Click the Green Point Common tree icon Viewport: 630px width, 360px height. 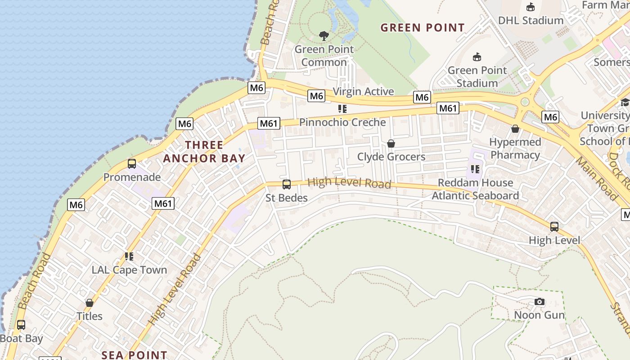(x=324, y=36)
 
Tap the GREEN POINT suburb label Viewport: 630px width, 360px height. (x=422, y=27)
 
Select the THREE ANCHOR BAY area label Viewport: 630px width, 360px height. (x=204, y=152)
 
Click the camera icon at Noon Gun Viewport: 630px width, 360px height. (x=539, y=301)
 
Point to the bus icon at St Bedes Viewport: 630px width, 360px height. (x=286, y=184)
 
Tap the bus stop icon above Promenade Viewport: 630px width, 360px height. (x=132, y=163)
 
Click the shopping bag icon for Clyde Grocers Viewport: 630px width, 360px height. (x=391, y=144)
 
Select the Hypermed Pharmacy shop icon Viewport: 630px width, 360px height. (x=515, y=129)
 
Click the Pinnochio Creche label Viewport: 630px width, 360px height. (x=342, y=122)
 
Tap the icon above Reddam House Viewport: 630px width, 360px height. (x=475, y=169)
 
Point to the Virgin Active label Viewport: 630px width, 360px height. (x=363, y=91)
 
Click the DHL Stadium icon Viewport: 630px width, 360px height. (x=531, y=7)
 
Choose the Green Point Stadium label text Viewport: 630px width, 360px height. (x=477, y=76)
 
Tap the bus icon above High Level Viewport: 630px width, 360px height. (x=554, y=227)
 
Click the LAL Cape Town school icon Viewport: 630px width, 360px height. (x=129, y=256)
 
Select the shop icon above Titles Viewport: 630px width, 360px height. (x=90, y=303)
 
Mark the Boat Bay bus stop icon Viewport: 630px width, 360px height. (x=21, y=325)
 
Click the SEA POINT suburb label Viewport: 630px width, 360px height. (x=134, y=355)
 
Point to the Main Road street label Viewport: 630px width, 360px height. (x=597, y=178)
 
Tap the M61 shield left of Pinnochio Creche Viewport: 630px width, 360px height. (x=269, y=123)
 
